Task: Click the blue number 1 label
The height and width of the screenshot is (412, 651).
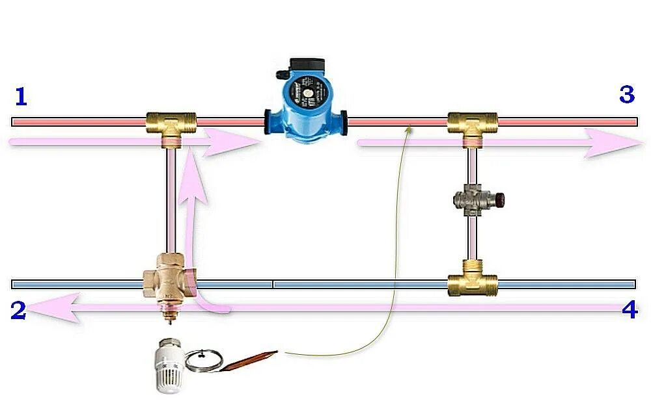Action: [21, 97]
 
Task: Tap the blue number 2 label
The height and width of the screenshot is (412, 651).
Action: [18, 311]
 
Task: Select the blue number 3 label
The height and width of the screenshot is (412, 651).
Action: [626, 95]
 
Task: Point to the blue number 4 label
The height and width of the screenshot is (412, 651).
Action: [630, 311]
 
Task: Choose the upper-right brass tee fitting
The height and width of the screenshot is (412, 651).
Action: [473, 123]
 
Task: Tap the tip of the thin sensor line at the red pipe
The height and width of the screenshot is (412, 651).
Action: [409, 127]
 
